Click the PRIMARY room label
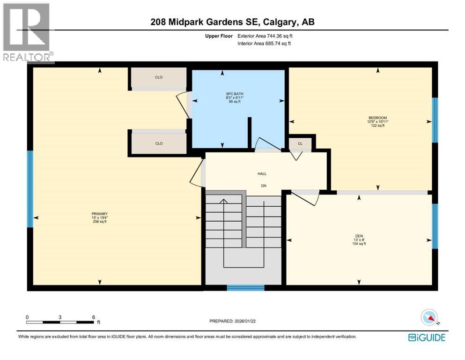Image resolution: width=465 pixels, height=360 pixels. pos(100,214)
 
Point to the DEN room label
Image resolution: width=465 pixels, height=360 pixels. pos(359,236)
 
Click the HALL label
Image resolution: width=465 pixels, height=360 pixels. pos(262,174)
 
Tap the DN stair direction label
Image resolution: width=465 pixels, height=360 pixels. pos(264,186)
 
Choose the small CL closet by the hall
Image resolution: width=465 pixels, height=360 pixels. pos(300,144)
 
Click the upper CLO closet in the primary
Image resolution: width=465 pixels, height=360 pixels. pos(158,78)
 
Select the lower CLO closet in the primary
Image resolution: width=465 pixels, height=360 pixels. pos(158,144)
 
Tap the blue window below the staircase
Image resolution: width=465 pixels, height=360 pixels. pos(245,288)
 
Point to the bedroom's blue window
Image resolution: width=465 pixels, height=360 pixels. pos(435,120)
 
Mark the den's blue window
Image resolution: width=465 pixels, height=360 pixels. pos(435,226)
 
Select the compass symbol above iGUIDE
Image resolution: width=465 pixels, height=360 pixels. pos(429,318)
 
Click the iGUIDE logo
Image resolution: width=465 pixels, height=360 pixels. pos(427,337)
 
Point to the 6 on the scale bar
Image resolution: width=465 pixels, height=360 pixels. pos(94,317)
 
